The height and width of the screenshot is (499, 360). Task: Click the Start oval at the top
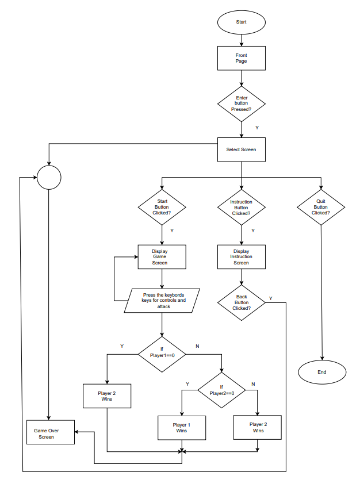pyautogui.click(x=241, y=22)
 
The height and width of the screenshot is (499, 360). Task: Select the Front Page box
pyautogui.click(x=241, y=58)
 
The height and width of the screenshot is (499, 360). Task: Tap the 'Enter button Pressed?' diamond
pyautogui.click(x=241, y=103)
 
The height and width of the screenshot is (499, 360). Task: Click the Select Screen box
pyautogui.click(x=241, y=149)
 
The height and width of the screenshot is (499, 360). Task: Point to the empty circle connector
pyautogui.click(x=49, y=178)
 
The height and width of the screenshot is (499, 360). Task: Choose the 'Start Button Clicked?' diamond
pyautogui.click(x=162, y=207)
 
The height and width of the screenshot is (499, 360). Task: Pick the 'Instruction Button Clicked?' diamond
pyautogui.click(x=241, y=207)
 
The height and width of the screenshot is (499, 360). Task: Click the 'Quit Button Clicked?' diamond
pyautogui.click(x=320, y=207)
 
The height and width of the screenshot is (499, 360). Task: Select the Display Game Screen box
pyautogui.click(x=162, y=257)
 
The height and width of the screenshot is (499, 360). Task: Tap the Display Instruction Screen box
pyautogui.click(x=241, y=257)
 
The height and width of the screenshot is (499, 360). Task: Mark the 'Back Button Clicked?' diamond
pyautogui.click(x=242, y=302)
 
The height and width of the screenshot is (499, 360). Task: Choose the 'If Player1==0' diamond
pyautogui.click(x=162, y=352)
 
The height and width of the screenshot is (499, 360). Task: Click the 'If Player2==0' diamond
pyautogui.click(x=221, y=390)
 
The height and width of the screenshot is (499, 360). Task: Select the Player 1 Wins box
pyautogui.click(x=182, y=427)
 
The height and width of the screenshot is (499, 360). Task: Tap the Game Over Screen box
pyautogui.click(x=50, y=433)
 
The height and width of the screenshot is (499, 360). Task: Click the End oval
pyautogui.click(x=321, y=372)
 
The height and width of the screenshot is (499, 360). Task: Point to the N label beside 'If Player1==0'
pyautogui.click(x=197, y=346)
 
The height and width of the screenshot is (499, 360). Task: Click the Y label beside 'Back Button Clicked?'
pyautogui.click(x=270, y=298)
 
